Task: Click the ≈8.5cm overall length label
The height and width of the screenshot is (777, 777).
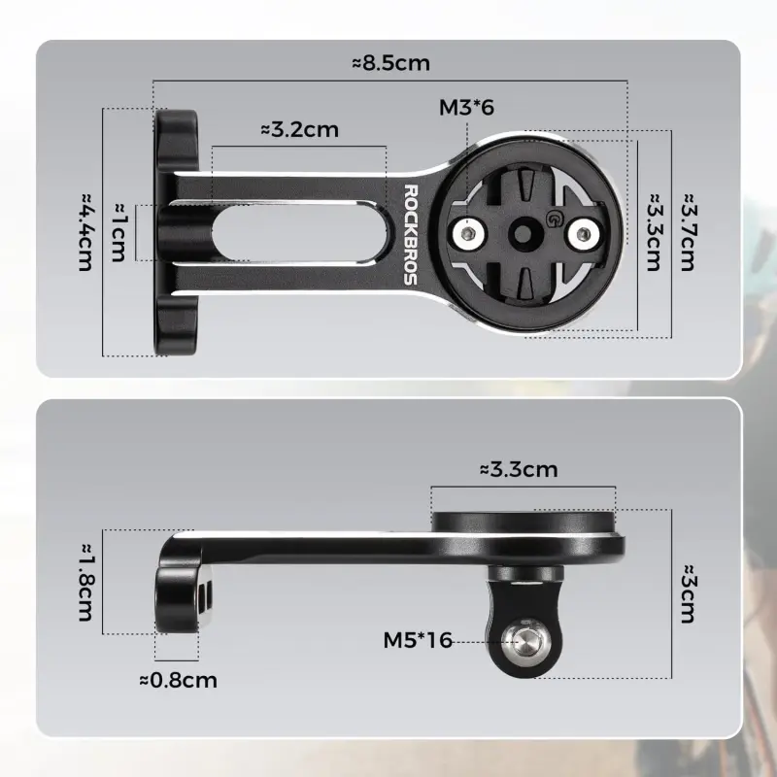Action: tap(390, 64)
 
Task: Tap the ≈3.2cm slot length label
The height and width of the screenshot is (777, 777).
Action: tap(299, 129)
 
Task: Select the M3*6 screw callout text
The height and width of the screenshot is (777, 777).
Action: tap(467, 106)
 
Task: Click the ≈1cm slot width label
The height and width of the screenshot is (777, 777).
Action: tap(119, 232)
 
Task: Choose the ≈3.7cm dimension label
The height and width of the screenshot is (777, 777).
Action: tap(688, 231)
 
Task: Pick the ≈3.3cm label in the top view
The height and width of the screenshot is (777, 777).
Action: tap(652, 231)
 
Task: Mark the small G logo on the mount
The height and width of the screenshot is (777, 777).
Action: tap(555, 218)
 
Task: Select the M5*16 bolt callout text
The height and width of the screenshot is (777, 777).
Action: tap(419, 639)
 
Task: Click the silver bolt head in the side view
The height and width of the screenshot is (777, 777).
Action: tap(520, 637)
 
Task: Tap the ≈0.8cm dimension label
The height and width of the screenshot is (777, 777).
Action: tap(178, 679)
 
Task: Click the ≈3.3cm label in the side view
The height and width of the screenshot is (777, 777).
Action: tap(519, 470)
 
